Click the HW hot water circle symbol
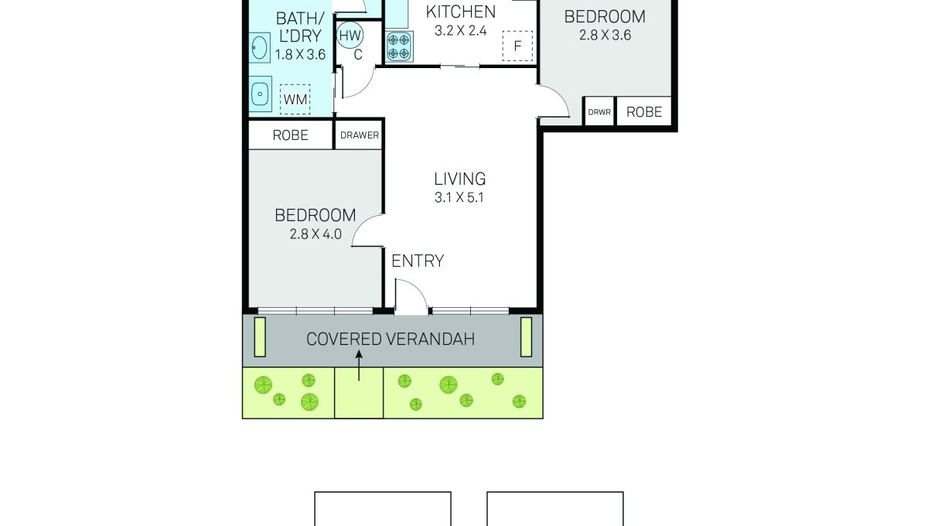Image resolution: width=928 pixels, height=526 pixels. pyautogui.click(x=350, y=36)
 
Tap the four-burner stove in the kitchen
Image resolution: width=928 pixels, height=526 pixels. pyautogui.click(x=399, y=47)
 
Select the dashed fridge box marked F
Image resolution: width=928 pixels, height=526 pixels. pyautogui.click(x=517, y=46)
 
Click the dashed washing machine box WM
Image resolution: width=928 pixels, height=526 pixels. pyautogui.click(x=295, y=99)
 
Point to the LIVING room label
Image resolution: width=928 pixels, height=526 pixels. pyautogui.click(x=460, y=179)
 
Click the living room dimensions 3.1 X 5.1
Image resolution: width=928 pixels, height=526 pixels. pyautogui.click(x=459, y=198)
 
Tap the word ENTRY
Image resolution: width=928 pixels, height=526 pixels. pyautogui.click(x=418, y=261)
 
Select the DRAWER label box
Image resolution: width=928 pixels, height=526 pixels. pyautogui.click(x=359, y=135)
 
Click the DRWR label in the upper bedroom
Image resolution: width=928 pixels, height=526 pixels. pyautogui.click(x=599, y=112)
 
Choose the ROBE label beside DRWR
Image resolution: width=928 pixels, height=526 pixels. pyautogui.click(x=643, y=112)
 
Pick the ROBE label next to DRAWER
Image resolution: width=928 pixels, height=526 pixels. pyautogui.click(x=291, y=135)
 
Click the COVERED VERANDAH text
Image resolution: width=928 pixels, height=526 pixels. pyautogui.click(x=391, y=339)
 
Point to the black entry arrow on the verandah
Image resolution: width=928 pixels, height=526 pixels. pyautogui.click(x=359, y=366)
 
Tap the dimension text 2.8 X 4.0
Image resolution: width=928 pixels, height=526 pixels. pyautogui.click(x=316, y=234)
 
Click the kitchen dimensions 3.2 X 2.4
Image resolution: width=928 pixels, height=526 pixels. pyautogui.click(x=460, y=31)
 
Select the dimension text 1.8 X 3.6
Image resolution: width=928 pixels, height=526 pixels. pyautogui.click(x=300, y=55)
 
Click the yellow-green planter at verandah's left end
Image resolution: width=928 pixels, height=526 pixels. pyautogui.click(x=260, y=337)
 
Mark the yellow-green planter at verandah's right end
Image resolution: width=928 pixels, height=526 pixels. pyautogui.click(x=526, y=337)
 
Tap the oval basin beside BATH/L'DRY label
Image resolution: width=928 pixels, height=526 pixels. pyautogui.click(x=259, y=48)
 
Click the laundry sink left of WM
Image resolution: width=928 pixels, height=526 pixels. pyautogui.click(x=260, y=94)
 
